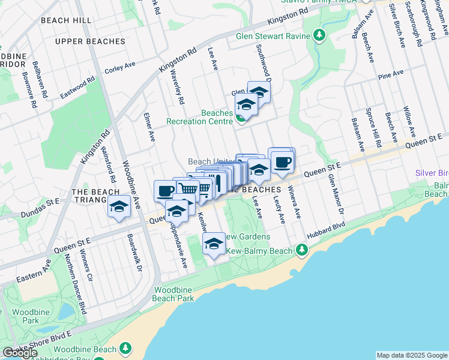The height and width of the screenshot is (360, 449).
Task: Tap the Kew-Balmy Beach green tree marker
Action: point(302,249)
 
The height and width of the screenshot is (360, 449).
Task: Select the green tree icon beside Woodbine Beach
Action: point(125,349)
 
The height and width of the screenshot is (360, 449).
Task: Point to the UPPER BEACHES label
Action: point(89,41)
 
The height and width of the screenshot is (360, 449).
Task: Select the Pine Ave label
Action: point(390,75)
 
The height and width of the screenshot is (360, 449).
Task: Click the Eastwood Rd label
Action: point(77,88)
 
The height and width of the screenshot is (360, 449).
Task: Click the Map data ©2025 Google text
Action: point(411,355)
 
